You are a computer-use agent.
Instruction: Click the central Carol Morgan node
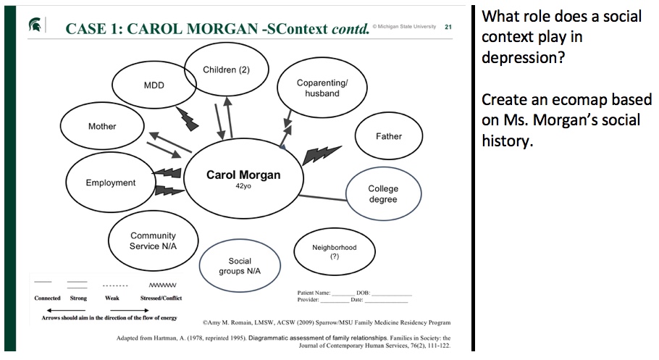click(243, 178)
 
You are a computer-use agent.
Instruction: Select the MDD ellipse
click(154, 85)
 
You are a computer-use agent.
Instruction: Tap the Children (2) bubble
click(226, 70)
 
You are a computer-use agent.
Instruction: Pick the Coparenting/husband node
click(322, 88)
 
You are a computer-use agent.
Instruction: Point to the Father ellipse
click(388, 136)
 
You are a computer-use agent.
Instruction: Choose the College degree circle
click(382, 194)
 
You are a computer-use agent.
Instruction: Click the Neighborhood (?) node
click(334, 252)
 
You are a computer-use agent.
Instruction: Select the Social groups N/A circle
click(240, 266)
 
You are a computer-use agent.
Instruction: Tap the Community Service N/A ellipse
click(153, 241)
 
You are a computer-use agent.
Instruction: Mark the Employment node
click(111, 183)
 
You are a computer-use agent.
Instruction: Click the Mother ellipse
click(102, 126)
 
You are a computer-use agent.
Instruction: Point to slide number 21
click(448, 27)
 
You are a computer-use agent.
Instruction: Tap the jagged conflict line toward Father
click(321, 154)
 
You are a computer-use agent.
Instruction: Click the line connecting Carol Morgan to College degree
click(323, 196)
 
